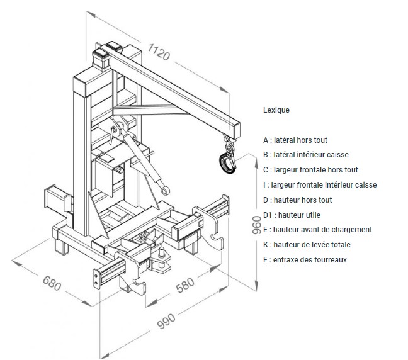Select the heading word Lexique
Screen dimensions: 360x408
pyautogui.click(x=276, y=110)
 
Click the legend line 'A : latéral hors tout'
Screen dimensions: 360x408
pyautogui.click(x=295, y=140)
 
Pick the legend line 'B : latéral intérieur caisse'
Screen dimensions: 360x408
pyautogui.click(x=306, y=155)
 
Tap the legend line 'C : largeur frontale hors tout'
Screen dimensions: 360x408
pyautogui.click(x=311, y=170)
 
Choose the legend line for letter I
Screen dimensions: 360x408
pyautogui.click(x=320, y=185)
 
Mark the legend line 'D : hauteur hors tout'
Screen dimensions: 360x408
pyautogui.click(x=298, y=200)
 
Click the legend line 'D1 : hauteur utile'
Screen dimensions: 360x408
pyautogui.click(x=293, y=215)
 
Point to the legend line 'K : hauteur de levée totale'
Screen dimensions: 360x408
pyautogui.click(x=306, y=245)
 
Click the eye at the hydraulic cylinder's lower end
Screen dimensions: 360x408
pyautogui.click(x=165, y=189)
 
